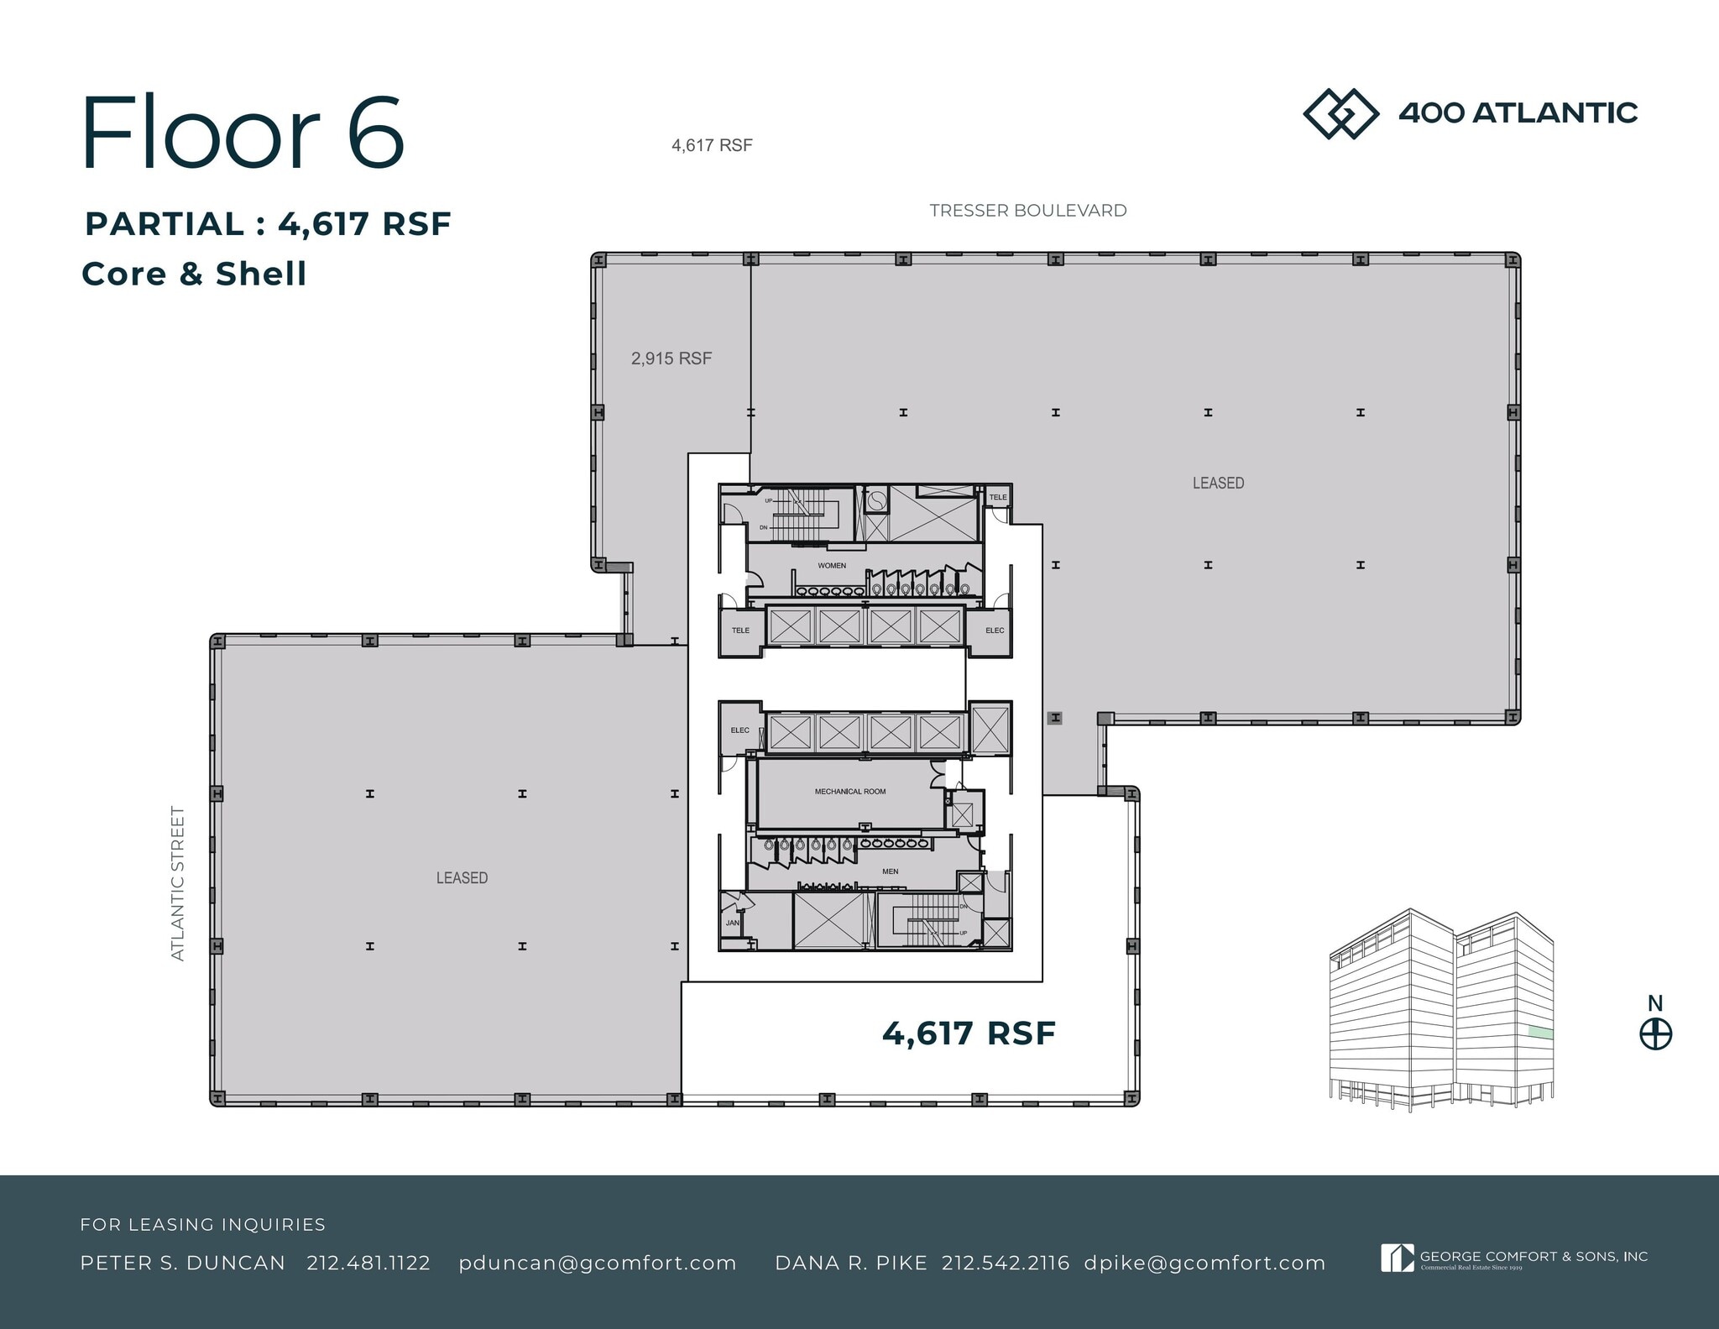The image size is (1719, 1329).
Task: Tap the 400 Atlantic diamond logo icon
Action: [1340, 113]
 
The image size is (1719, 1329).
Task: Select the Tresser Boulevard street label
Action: [1027, 211]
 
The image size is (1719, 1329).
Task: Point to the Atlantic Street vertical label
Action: [177, 883]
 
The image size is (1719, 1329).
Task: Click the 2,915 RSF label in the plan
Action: [671, 358]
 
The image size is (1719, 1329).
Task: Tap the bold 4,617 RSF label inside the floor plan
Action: [968, 1033]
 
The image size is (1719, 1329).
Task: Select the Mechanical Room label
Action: [849, 792]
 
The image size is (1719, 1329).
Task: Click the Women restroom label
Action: [832, 566]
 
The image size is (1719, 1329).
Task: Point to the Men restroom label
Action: [890, 871]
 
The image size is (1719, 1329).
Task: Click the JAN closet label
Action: [732, 923]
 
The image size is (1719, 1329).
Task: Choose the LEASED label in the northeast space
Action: [1218, 483]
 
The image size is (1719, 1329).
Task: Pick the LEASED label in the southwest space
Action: [462, 877]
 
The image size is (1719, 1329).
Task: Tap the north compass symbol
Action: [1655, 1033]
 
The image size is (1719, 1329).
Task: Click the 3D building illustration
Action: [1440, 1011]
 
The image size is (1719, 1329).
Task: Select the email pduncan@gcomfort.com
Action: [598, 1263]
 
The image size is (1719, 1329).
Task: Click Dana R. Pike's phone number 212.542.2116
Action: [1006, 1263]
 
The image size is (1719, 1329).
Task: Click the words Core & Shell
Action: [194, 274]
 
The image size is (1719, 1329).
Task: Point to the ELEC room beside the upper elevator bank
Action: [995, 630]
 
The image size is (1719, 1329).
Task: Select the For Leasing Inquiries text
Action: [202, 1224]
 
